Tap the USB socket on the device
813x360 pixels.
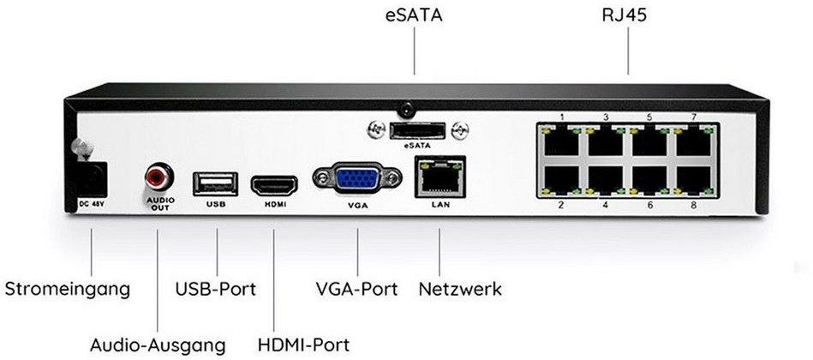click(215, 184)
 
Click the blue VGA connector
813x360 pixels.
click(357, 179)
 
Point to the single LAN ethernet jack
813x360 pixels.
click(439, 177)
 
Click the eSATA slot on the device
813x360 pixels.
click(417, 131)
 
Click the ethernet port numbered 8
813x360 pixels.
click(694, 181)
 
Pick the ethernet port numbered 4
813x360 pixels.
click(605, 181)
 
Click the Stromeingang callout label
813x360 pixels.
click(68, 290)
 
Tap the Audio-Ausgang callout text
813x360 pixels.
click(158, 345)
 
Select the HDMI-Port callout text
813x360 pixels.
click(304, 345)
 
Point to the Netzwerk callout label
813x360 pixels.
click(460, 289)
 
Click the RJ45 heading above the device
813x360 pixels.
click(625, 15)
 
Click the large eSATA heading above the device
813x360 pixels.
click(414, 15)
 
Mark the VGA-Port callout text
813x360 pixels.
click(356, 289)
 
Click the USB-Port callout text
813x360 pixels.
click(216, 289)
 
